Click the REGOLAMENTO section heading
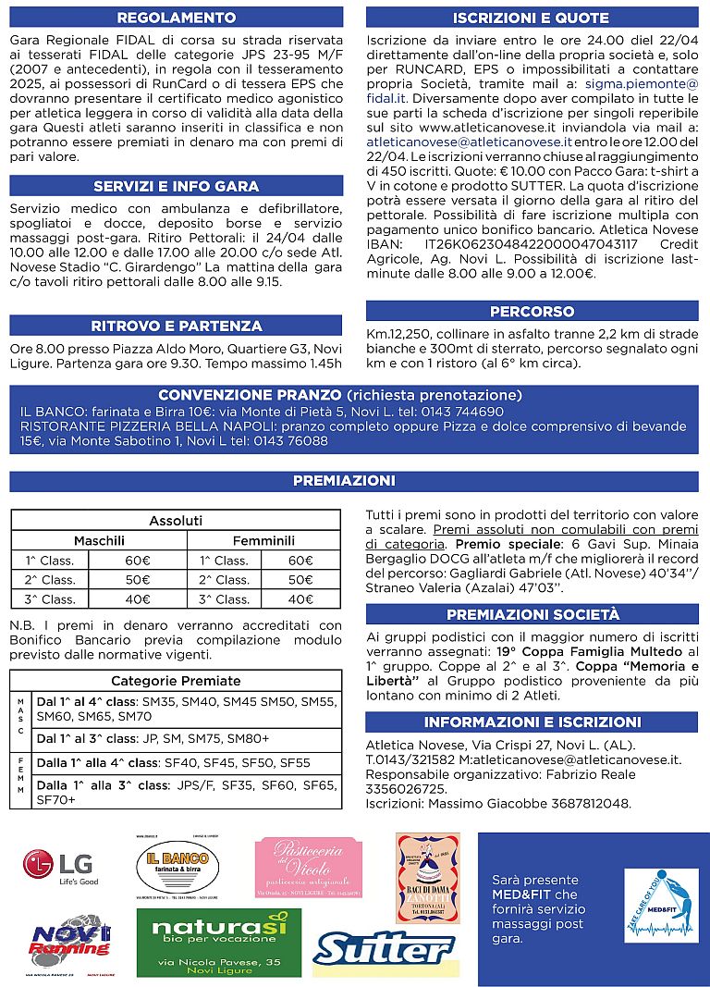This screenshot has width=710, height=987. click(177, 18)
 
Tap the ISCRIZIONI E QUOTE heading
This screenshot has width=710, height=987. click(532, 18)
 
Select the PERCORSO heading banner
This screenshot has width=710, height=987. click(532, 311)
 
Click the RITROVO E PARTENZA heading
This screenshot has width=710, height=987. click(177, 326)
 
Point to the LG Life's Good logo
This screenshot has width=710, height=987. click(60, 867)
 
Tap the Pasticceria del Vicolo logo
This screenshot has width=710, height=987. click(308, 865)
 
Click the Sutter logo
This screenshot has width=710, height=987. click(384, 948)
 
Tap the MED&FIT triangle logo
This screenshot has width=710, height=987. click(661, 906)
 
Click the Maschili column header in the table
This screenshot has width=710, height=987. click(99, 540)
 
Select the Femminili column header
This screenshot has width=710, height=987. click(263, 540)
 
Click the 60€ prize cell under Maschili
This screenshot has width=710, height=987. click(138, 560)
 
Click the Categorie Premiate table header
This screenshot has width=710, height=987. click(176, 680)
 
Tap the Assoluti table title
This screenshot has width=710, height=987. click(176, 521)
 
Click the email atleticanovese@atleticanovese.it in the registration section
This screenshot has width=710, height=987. click(469, 142)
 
